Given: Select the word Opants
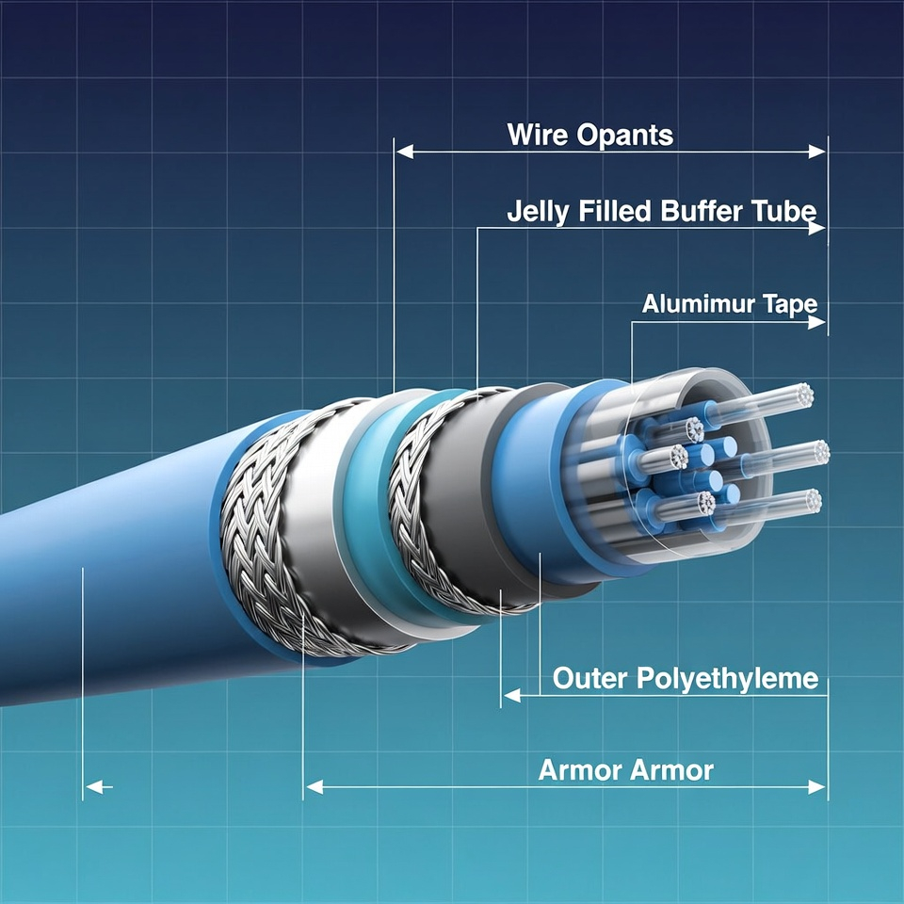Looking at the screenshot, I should click(x=624, y=135).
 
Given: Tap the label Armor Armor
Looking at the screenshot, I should click(x=625, y=770).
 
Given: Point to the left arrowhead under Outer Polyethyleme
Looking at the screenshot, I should click(x=511, y=696).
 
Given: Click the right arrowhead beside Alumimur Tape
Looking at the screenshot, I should click(x=817, y=322).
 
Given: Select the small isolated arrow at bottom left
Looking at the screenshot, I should click(x=97, y=786).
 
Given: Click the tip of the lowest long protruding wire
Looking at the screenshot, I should click(x=809, y=500).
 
